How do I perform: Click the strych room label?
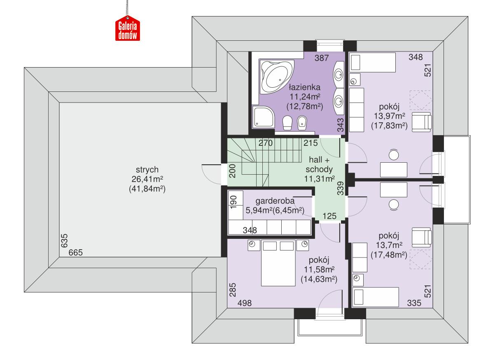click(x=141, y=170)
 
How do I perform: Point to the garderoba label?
click(x=275, y=201)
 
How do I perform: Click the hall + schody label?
click(x=319, y=165)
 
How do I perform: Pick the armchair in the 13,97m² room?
click(x=421, y=122)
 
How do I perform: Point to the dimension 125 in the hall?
click(x=329, y=215)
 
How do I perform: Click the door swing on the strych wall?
click(x=211, y=174)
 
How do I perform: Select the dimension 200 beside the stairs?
click(x=233, y=170)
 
